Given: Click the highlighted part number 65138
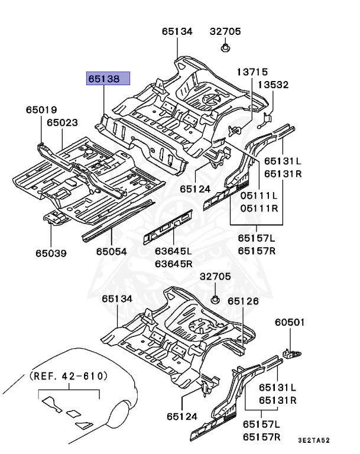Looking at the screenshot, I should coord(108,78).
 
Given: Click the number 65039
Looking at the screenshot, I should coord(50,253).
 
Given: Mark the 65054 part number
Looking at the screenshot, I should coord(112,251).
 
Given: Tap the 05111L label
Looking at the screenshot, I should coord(259,195).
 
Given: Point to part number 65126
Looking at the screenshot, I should coord(244,301).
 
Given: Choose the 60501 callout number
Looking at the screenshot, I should coord(290,323).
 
